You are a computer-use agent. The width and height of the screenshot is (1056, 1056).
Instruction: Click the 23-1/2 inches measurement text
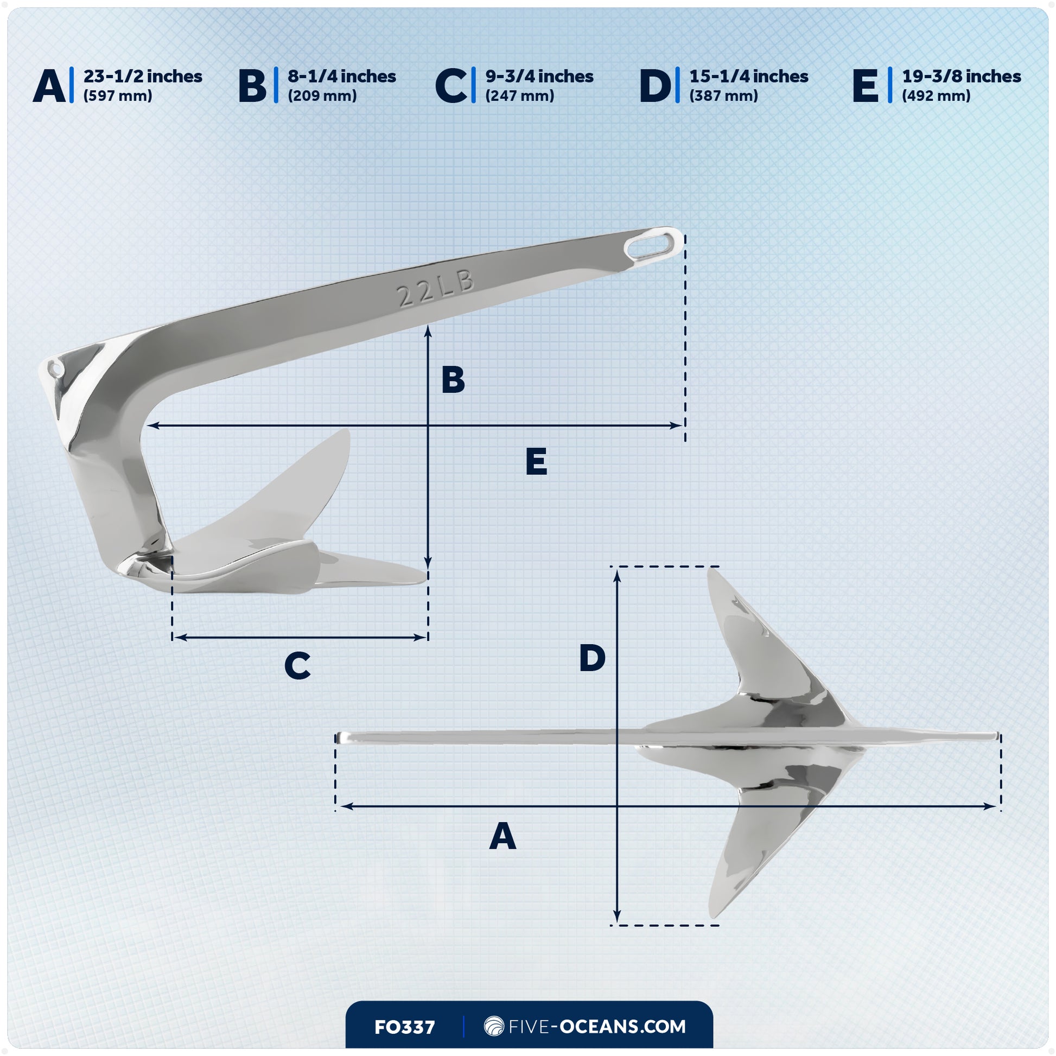point(142,77)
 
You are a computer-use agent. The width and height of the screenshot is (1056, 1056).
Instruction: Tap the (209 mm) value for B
point(322,96)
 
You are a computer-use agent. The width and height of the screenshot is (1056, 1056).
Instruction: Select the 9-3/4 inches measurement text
point(539,77)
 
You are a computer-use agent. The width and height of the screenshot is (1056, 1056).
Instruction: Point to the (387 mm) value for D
point(723,96)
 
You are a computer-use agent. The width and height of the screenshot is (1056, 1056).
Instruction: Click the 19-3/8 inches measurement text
point(961,77)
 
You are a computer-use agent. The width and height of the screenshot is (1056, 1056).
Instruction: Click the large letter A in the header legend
point(49,86)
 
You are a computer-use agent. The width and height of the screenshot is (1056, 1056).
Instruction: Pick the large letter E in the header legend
point(864,86)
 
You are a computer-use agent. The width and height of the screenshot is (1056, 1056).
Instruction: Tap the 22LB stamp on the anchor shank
point(436,289)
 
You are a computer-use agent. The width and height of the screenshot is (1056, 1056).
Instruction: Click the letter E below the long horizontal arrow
point(536,462)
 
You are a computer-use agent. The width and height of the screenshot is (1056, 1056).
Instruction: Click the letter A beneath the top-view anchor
point(502,836)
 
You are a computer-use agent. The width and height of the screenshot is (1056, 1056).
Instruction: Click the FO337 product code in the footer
point(404,1028)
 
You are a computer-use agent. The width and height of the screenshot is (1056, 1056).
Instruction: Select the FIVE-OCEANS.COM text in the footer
point(597,1027)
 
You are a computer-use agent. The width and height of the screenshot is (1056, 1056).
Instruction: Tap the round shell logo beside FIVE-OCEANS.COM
point(494,1027)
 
